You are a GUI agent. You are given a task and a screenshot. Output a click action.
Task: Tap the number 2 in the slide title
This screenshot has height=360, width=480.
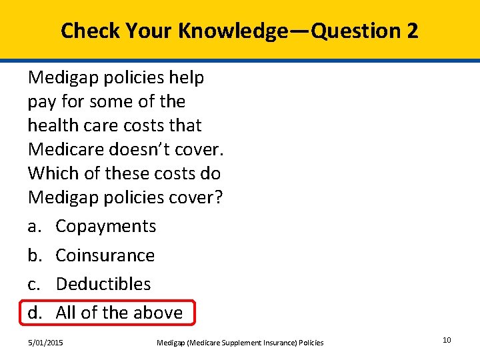(411, 31)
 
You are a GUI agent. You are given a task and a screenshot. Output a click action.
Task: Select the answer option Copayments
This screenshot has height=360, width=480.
(105, 227)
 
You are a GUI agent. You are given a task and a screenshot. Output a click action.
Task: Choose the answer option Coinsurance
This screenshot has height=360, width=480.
(105, 255)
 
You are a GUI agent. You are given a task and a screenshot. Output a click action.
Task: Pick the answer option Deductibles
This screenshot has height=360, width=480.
(103, 284)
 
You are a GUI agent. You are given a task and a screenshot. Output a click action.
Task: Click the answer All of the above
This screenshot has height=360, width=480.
(119, 313)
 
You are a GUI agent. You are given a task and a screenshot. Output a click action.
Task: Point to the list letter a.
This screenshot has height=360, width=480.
(33, 227)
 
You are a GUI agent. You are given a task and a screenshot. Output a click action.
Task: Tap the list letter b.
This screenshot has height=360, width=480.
(34, 255)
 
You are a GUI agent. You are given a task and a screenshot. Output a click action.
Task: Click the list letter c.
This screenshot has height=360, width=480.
(33, 284)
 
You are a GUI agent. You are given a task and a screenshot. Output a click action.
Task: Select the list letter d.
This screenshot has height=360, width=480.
(34, 313)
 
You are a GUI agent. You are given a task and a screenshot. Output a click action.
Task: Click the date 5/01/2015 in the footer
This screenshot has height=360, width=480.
(46, 343)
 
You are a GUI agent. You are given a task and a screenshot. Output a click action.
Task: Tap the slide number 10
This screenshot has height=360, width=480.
(447, 341)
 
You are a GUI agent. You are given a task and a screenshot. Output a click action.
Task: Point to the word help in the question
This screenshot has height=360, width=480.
(187, 77)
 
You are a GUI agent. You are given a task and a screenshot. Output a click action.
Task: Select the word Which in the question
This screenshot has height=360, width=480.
(51, 173)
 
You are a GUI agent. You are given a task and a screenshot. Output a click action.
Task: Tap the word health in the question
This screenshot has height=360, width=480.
(51, 125)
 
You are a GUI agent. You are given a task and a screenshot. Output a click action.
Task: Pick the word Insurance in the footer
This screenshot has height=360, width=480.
(275, 343)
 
